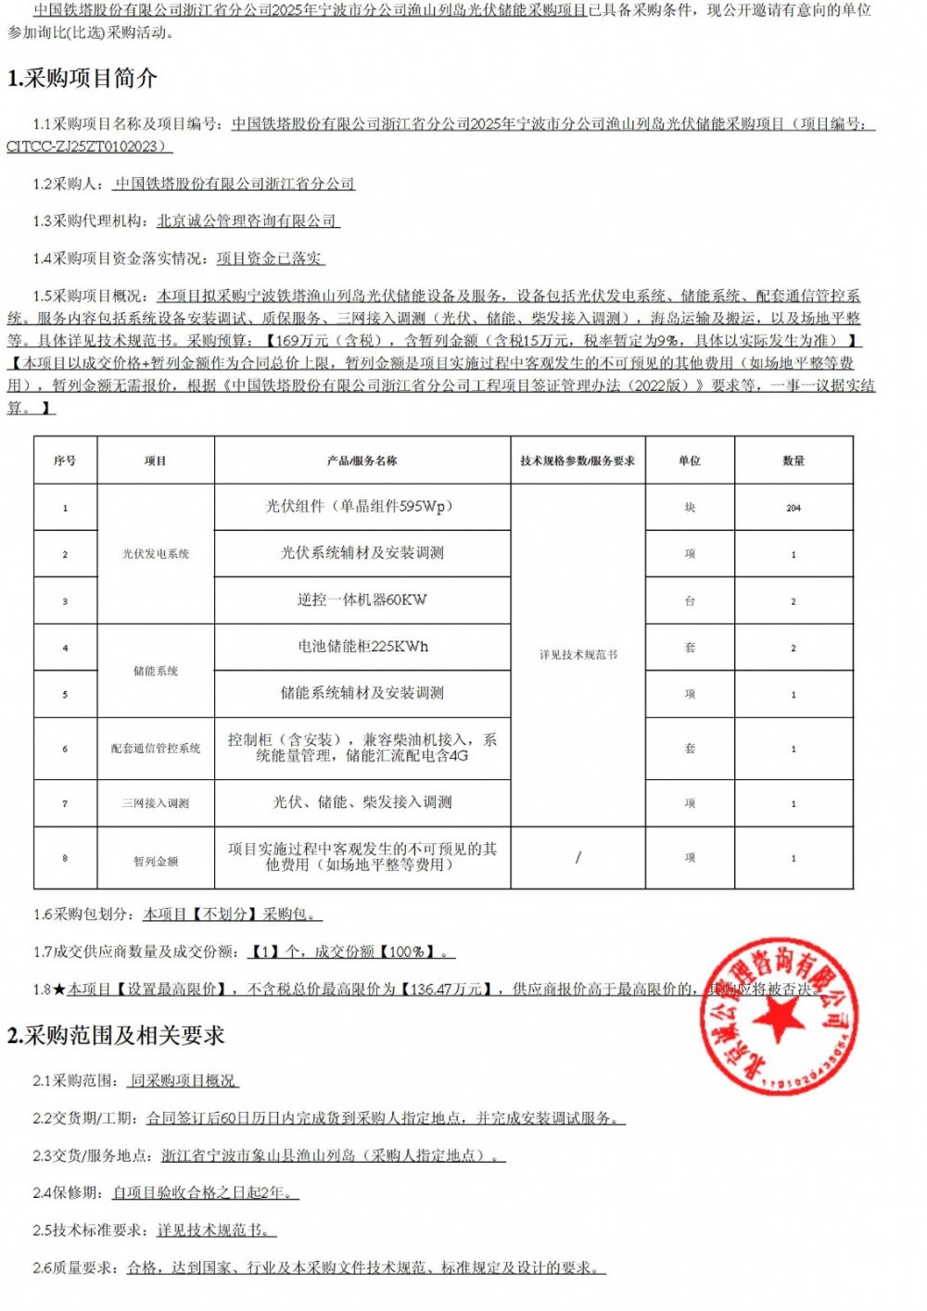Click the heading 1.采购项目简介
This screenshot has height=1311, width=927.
tap(83, 79)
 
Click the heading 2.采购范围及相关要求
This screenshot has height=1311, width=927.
tap(116, 1035)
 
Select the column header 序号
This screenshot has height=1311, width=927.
tap(65, 460)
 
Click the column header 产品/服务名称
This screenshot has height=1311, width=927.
tap(362, 460)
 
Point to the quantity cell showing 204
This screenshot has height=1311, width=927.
tap(794, 508)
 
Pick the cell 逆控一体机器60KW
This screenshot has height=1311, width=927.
tap(362, 600)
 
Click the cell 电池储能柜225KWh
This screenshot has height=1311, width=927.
tap(362, 647)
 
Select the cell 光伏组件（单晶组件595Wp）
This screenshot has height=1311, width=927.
tap(362, 507)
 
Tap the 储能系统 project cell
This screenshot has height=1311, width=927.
tap(156, 671)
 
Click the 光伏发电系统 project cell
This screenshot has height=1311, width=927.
tap(156, 554)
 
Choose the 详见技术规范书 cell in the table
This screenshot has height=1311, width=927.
tap(578, 654)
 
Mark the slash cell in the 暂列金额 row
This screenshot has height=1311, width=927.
tap(578, 858)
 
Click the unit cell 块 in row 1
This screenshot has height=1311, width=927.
tap(690, 508)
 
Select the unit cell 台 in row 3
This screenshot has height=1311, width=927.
tap(690, 601)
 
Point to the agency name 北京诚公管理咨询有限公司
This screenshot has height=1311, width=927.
tap(247, 221)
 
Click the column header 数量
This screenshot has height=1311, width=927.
tap(794, 460)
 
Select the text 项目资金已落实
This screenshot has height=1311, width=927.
tap(270, 258)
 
